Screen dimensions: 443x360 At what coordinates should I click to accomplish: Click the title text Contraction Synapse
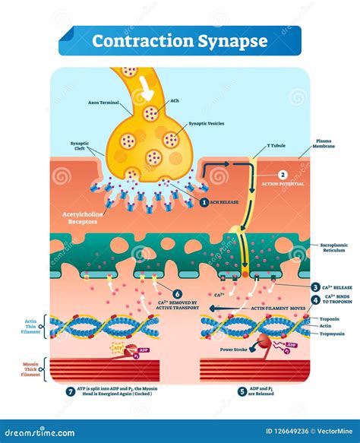[179, 40]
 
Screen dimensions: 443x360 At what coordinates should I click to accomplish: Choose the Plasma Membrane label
[327, 144]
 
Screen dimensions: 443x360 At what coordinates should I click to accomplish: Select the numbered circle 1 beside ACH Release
[204, 202]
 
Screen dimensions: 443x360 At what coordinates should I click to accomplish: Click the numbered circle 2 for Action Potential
[283, 174]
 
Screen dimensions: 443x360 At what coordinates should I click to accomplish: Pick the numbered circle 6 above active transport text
[178, 295]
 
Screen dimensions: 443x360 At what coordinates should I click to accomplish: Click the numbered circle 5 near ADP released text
[242, 392]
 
